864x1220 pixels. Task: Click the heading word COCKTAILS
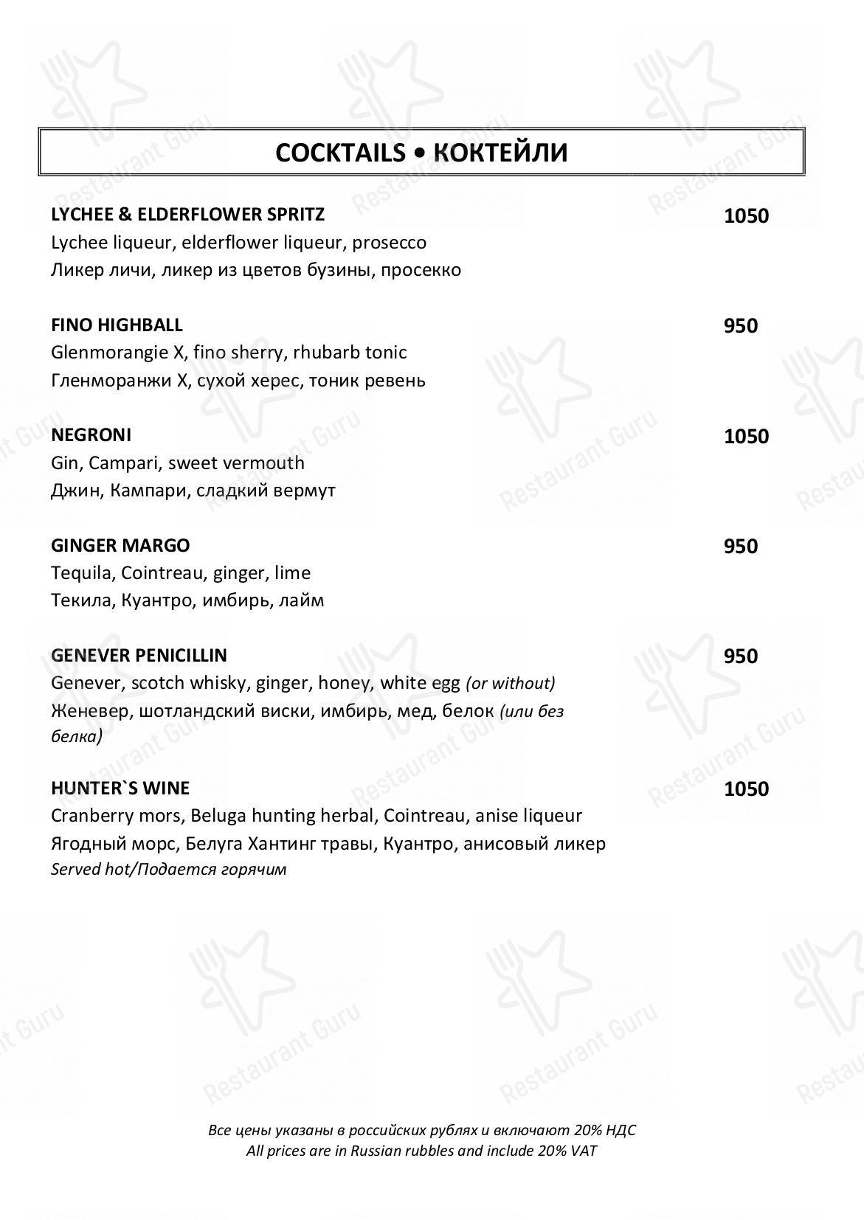tap(340, 153)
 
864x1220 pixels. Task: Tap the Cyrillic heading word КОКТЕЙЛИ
tap(500, 153)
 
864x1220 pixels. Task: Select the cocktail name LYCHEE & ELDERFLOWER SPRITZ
tap(187, 215)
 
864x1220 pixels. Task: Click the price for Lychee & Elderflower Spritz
tap(746, 216)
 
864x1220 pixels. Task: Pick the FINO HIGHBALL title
tap(117, 325)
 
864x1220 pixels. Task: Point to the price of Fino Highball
tap(740, 326)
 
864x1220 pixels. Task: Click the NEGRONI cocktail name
tap(91, 434)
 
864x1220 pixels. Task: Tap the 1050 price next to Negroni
tap(746, 437)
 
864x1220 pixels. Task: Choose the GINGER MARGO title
tap(120, 545)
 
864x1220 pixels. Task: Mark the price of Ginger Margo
tap(740, 547)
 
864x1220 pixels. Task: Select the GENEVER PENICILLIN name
tap(139, 655)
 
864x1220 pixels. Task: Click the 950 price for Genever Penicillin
tap(740, 656)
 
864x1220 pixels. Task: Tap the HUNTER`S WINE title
tap(120, 788)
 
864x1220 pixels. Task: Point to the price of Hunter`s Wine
tap(746, 789)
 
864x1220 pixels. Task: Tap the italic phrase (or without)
tap(511, 683)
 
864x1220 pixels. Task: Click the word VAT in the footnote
tap(583, 1151)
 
